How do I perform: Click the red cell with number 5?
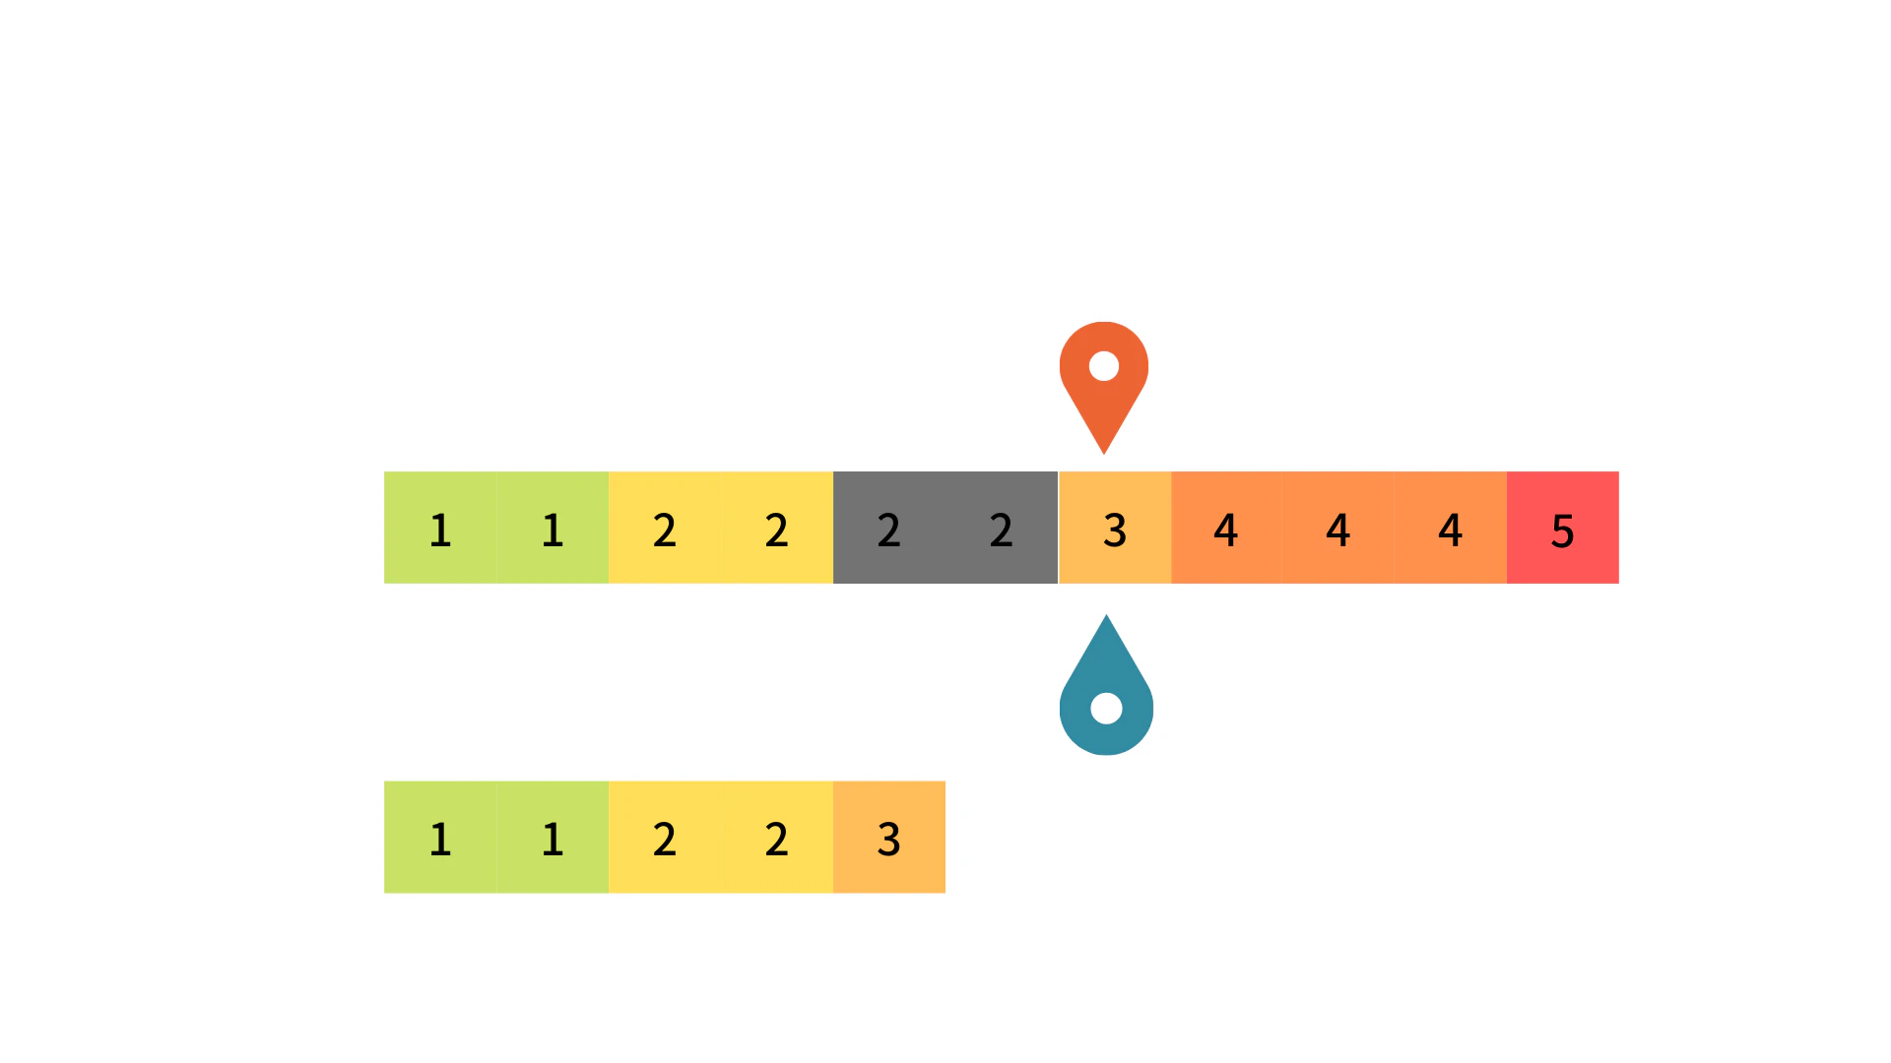[x=1563, y=528]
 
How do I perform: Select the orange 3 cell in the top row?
[x=1115, y=528]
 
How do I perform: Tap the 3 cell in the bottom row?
[x=889, y=838]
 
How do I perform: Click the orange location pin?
[x=1104, y=384]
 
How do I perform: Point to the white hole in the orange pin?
[x=1104, y=366]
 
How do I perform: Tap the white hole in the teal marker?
[x=1107, y=708]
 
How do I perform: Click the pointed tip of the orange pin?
[x=1104, y=454]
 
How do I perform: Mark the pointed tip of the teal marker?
[x=1106, y=615]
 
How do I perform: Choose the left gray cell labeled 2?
[x=889, y=528]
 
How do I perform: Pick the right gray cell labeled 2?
[x=1002, y=528]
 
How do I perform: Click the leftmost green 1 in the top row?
[x=440, y=528]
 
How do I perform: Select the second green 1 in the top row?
[x=553, y=528]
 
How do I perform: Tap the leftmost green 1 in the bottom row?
[x=440, y=838]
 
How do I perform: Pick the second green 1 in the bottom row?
[x=553, y=838]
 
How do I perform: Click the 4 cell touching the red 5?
[x=1451, y=528]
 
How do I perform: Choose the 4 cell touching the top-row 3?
[x=1227, y=528]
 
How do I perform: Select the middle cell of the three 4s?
[x=1338, y=528]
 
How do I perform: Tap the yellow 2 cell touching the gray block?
[x=777, y=528]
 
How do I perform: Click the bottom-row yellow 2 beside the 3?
[x=777, y=838]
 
